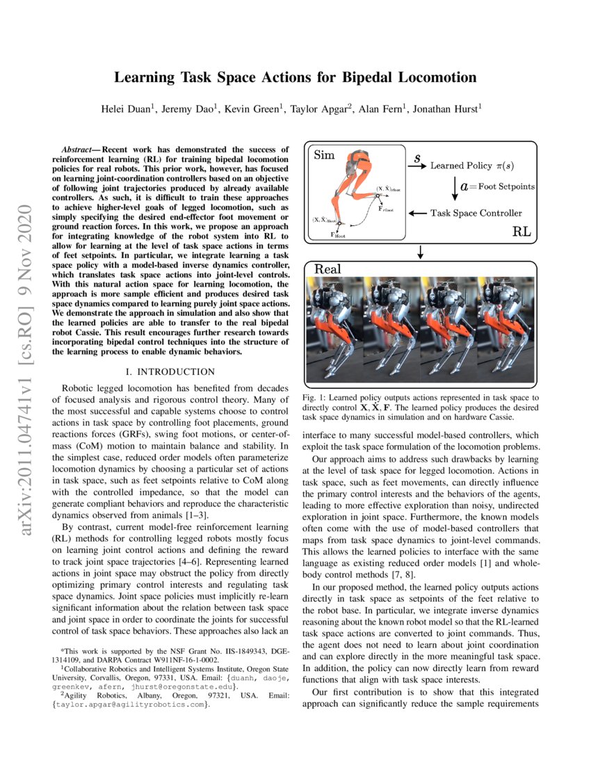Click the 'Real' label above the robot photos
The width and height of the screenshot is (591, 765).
327,269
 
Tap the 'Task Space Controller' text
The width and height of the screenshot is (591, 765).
476,213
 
